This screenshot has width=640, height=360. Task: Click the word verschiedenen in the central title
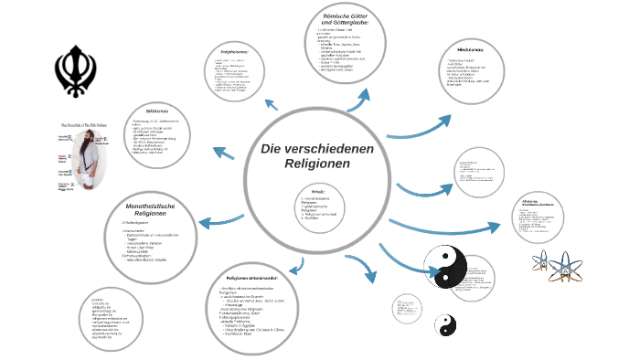tap(319, 147)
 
